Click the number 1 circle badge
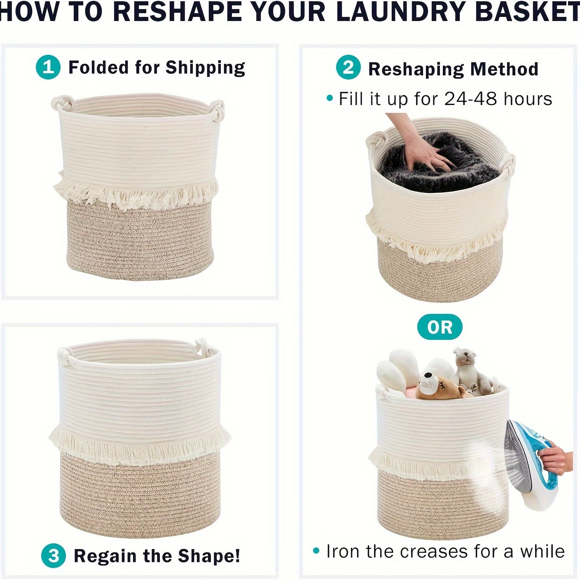48,67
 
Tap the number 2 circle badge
348,68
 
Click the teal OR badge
440,327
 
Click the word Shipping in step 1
205,68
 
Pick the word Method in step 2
504,69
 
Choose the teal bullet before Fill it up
330,98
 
